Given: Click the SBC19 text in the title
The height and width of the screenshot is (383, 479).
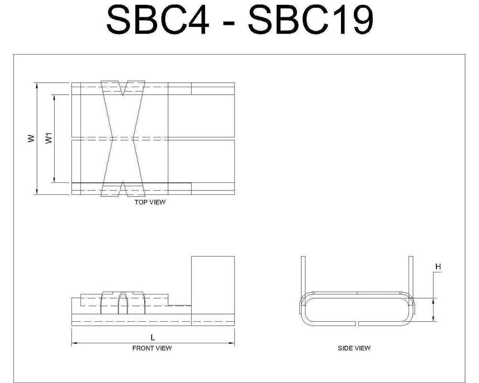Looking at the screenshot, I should pyautogui.click(x=310, y=21).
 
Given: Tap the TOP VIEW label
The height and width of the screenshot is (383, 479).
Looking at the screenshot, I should pyautogui.click(x=150, y=203).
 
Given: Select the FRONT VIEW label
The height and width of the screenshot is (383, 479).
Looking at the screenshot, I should pyautogui.click(x=152, y=348).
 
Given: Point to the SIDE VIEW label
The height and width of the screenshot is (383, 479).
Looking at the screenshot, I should pyautogui.click(x=354, y=348).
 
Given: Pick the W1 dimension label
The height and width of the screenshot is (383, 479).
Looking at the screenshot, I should pyautogui.click(x=48, y=138).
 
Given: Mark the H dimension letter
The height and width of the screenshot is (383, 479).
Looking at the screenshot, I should pyautogui.click(x=438, y=266).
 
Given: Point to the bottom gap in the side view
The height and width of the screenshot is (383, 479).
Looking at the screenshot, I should pyautogui.click(x=357, y=323).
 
